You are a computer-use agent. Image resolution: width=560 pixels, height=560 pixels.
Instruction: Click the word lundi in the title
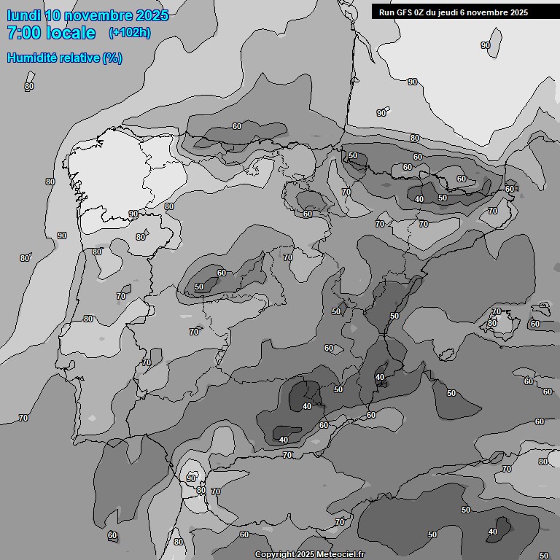(x=23, y=15)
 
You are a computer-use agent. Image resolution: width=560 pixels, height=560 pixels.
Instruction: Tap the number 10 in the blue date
(x=53, y=15)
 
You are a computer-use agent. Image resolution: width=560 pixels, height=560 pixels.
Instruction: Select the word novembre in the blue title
(x=98, y=15)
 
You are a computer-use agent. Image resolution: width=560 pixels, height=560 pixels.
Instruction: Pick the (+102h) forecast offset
(x=129, y=33)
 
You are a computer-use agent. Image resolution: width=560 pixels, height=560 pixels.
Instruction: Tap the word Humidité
(x=34, y=58)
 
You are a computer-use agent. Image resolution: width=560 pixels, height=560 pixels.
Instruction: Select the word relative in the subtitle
(x=81, y=58)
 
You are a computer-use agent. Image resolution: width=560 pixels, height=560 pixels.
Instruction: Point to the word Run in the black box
(x=387, y=12)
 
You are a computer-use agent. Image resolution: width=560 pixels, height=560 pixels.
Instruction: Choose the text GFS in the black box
(x=405, y=12)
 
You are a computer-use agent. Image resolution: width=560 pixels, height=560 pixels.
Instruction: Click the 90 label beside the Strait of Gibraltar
(x=191, y=478)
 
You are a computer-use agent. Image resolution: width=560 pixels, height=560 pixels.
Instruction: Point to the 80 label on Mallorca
(x=492, y=323)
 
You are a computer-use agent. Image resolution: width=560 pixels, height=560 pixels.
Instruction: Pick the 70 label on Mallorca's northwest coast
(x=497, y=311)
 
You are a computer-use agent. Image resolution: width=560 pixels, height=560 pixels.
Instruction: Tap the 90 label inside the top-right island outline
(x=486, y=45)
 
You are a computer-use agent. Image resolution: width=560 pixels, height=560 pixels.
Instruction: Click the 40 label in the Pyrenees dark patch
(x=419, y=198)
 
